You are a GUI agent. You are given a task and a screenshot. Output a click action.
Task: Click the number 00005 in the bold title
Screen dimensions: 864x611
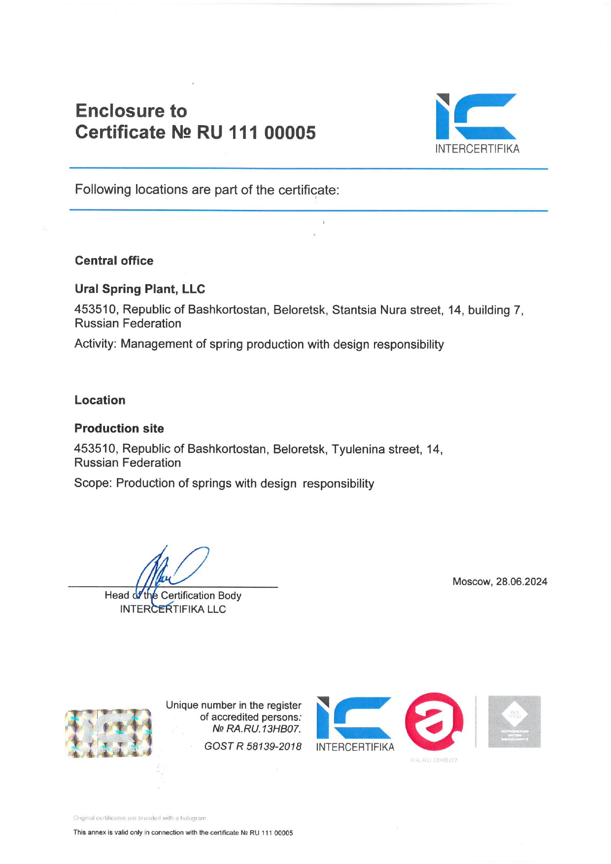290,133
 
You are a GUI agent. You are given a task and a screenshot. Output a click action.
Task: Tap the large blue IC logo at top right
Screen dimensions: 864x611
476,116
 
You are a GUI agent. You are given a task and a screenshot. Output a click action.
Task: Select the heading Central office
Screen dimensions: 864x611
114,261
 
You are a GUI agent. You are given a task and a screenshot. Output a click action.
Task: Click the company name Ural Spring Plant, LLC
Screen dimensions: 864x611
140,289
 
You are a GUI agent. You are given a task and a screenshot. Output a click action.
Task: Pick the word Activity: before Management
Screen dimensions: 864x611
96,344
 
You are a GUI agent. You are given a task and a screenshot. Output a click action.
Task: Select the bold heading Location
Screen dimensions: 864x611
100,400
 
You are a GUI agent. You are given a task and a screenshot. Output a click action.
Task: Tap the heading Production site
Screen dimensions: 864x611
119,428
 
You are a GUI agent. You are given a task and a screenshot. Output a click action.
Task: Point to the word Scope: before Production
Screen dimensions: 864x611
93,483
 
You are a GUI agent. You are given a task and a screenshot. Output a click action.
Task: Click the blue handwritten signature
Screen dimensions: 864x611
170,571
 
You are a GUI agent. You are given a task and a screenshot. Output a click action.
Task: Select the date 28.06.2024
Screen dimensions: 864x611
521,582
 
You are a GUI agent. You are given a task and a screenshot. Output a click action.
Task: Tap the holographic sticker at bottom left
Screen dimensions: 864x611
108,733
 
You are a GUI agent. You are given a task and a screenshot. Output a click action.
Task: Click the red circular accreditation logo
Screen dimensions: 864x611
434,722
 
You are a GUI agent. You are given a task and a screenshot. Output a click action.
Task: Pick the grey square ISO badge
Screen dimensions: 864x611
514,722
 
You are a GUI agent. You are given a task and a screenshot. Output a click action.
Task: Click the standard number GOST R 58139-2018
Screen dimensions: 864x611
253,746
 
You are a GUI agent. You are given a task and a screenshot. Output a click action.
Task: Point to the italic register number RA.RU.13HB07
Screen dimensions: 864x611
263,729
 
